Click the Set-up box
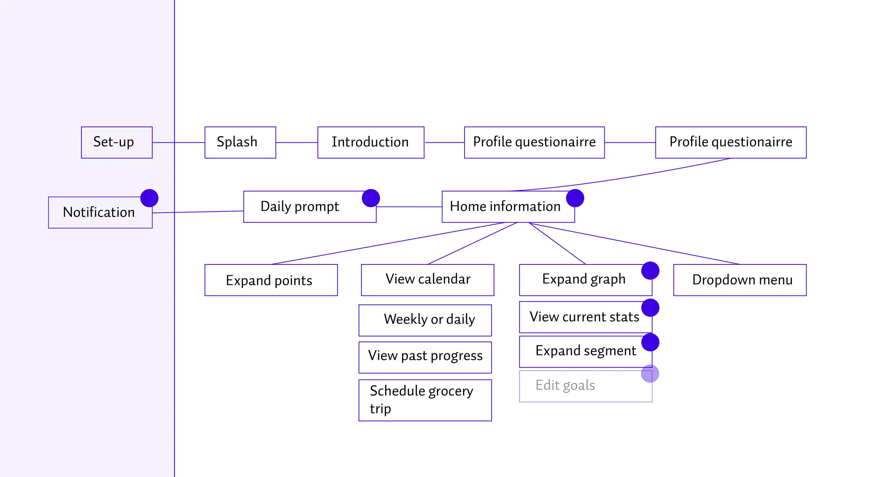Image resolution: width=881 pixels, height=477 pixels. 117,142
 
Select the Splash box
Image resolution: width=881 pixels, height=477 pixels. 240,142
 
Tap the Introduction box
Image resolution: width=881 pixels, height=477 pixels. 371,142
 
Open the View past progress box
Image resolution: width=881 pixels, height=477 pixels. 425,357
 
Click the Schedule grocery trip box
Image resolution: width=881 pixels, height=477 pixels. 425,400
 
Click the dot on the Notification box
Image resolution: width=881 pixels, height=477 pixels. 149,198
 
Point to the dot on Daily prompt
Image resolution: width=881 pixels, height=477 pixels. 371,198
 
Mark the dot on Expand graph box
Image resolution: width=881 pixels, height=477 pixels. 650,271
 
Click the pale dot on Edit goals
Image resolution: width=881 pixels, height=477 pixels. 650,373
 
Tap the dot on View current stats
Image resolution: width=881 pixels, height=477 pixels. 650,308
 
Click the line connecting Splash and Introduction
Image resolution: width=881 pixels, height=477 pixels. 296,142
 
